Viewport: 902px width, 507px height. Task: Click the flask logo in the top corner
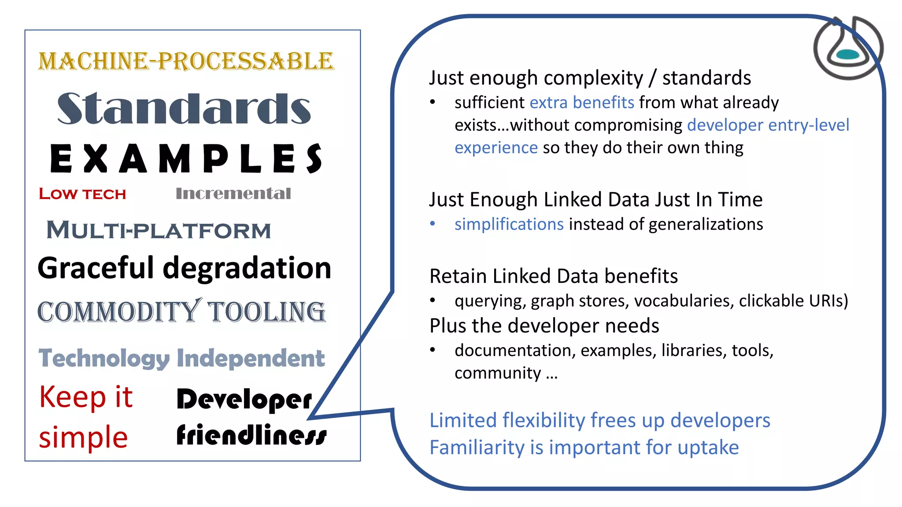point(848,48)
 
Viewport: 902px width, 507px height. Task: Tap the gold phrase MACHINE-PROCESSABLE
point(186,61)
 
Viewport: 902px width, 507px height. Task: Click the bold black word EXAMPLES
point(186,159)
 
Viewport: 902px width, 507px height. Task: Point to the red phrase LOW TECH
point(82,194)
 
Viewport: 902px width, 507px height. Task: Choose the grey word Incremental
point(233,193)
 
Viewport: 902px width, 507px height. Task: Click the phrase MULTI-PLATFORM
point(159,230)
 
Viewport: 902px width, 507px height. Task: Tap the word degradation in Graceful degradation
point(247,268)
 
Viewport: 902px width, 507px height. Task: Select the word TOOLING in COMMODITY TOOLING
point(266,312)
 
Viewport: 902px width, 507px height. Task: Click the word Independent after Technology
point(251,358)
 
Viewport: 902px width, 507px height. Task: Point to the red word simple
point(83,437)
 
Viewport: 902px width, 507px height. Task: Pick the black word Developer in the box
point(244,399)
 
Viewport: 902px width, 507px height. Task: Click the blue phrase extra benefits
point(582,103)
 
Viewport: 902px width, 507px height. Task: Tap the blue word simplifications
point(509,224)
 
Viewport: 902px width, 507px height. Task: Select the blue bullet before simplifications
point(433,224)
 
